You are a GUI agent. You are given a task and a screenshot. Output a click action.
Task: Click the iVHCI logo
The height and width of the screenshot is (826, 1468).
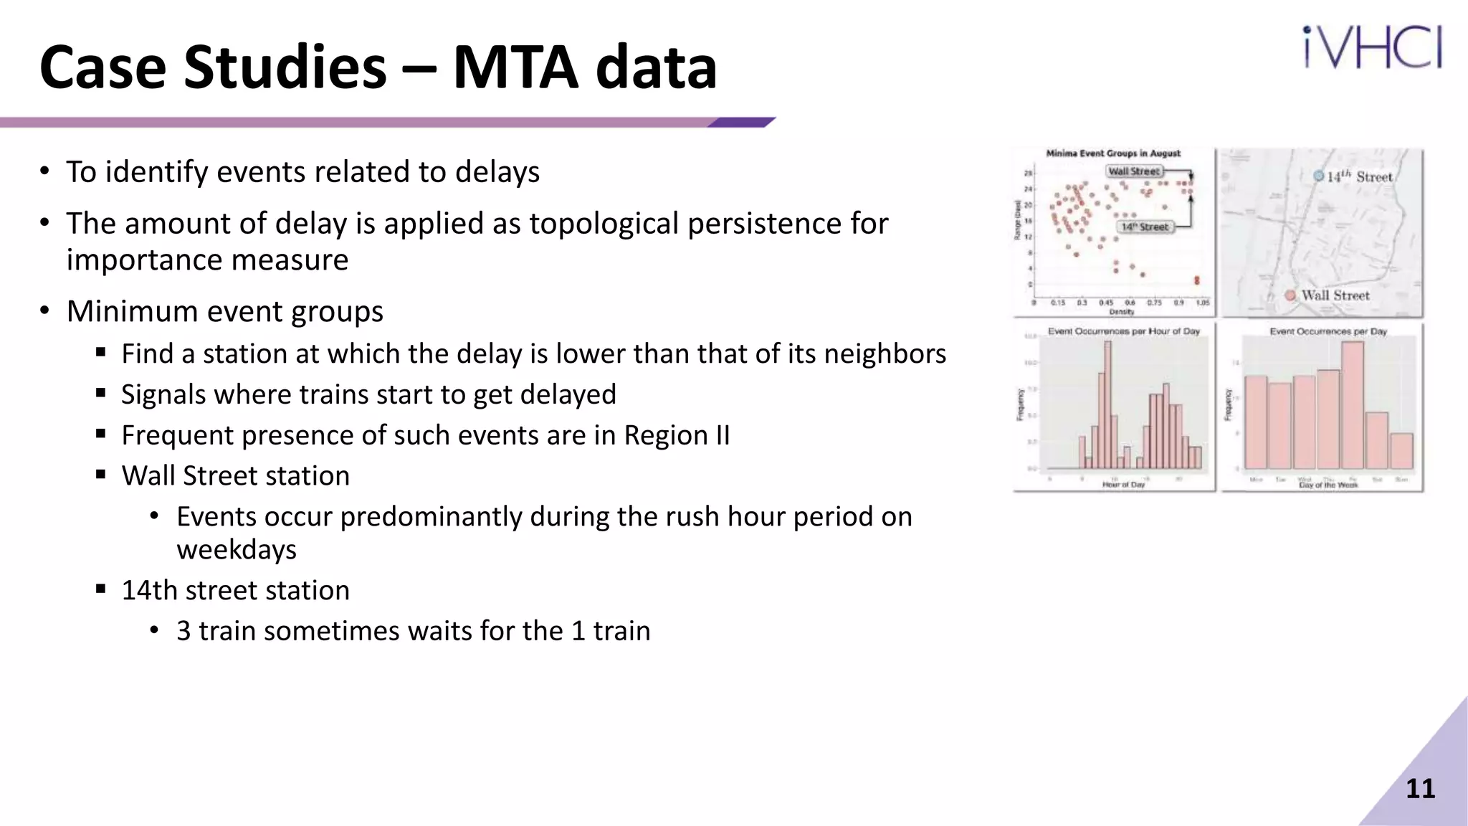coord(1372,47)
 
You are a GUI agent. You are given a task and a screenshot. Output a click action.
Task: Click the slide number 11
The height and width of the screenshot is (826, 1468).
coord(1420,789)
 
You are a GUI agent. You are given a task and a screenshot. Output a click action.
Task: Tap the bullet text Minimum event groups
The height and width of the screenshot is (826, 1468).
coord(224,311)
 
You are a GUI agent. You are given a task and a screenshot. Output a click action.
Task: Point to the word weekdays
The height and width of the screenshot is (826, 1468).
coord(237,550)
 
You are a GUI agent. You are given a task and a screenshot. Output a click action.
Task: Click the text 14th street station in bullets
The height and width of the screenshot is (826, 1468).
coord(235,590)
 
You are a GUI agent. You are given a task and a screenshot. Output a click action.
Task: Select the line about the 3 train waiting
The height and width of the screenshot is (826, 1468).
coord(413,631)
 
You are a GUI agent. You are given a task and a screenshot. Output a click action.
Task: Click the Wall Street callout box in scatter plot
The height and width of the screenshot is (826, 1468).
coord(1133,171)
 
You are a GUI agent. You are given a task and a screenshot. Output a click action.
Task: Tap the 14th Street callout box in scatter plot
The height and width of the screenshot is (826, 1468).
coord(1145,227)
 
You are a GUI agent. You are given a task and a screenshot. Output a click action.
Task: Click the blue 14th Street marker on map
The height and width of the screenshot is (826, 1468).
coord(1318,176)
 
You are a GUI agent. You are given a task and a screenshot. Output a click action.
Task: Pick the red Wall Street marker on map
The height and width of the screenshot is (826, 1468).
coord(1290,295)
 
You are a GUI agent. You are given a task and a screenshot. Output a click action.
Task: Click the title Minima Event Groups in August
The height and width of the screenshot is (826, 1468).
coord(1112,153)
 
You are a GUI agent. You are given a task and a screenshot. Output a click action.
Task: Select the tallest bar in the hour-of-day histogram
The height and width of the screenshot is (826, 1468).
coord(1107,405)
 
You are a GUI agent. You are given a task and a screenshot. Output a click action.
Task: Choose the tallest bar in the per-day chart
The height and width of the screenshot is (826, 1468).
coord(1352,405)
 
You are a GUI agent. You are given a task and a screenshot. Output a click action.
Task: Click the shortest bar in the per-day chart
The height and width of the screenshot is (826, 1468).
coord(1401,451)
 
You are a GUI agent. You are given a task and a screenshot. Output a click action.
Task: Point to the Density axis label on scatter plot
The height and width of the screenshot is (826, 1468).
coord(1121,312)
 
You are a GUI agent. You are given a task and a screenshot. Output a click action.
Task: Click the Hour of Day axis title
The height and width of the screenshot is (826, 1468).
coord(1123,485)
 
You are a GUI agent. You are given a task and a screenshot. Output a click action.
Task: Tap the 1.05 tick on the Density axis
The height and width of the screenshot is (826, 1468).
coord(1202,303)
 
